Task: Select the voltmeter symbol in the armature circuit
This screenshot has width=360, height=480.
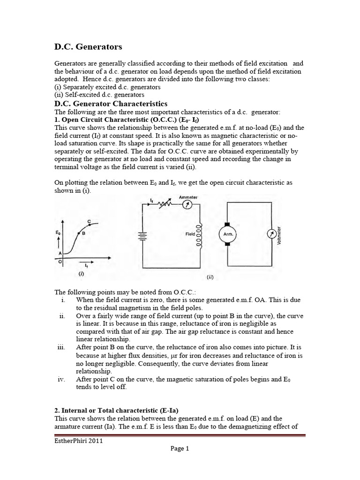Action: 270,235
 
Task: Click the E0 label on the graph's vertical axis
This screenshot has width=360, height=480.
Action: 57,232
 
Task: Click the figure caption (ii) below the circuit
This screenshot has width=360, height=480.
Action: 210,277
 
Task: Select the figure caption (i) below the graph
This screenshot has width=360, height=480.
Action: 82,273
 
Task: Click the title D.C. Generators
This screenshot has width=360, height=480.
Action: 89,47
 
